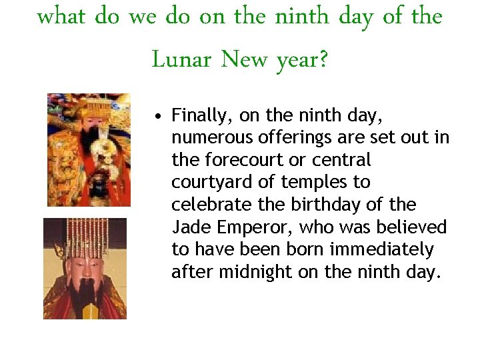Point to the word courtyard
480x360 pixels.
point(205,182)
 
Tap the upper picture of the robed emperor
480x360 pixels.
point(89,149)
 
